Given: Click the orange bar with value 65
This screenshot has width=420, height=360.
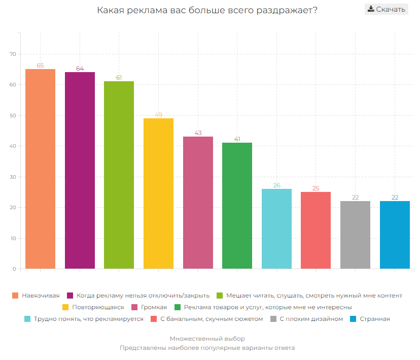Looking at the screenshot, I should coord(40,169).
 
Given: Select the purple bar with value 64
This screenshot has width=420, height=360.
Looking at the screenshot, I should coord(80,170).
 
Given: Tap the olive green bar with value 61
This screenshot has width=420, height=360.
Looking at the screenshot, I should coord(119,175).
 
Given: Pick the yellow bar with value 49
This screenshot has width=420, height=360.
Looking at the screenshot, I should coord(158,193).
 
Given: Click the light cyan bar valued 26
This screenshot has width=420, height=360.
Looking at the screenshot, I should coord(276,228).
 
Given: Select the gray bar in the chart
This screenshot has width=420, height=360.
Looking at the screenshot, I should coord(355,235).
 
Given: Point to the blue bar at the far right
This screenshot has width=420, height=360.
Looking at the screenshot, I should coord(395,235).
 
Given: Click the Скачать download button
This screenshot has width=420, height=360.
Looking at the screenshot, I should coord(386,9).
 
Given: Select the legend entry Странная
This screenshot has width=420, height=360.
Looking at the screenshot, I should coord(374,319).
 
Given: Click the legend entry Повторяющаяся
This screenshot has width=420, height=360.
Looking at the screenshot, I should coord(98,307).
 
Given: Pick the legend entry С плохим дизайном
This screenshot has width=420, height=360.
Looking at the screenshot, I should coord(311,319).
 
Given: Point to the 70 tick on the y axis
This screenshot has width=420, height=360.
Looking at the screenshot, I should coord(13,54).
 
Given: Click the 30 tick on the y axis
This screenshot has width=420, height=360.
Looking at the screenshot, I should coord(13,177).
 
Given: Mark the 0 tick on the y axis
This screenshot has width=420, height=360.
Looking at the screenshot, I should coord(14,269).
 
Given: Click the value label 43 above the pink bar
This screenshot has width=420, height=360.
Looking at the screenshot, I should coord(198,133).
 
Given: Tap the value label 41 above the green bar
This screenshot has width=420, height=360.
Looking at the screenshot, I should coord(237,139).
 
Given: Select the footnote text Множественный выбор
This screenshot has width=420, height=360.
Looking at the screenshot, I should coord(207,339).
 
